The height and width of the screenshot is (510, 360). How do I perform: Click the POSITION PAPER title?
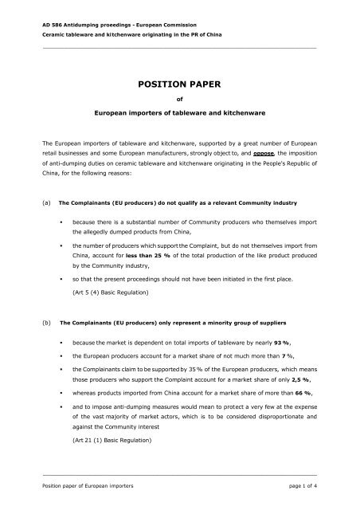(179, 82)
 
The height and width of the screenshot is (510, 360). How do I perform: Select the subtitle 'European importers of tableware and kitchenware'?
(179, 116)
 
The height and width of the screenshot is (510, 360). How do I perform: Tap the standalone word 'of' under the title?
(179, 100)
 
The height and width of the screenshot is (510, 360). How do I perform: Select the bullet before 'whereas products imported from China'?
(61, 396)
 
